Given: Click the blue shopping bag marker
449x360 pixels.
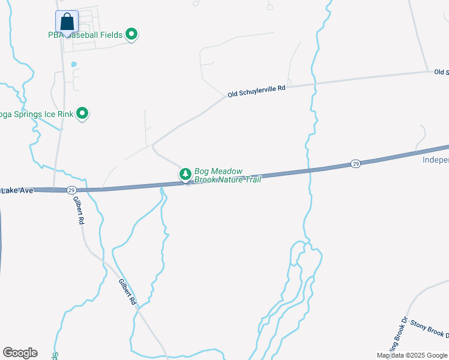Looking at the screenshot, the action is tap(67, 22).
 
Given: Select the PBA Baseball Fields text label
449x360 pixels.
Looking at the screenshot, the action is tap(85, 35).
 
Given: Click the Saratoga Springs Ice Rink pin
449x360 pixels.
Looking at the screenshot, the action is tap(83, 113).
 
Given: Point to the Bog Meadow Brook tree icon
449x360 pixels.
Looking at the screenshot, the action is tap(185, 174).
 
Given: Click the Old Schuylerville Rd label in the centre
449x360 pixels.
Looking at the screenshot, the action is tap(256, 91).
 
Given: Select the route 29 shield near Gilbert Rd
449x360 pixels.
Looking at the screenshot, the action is tap(71, 190).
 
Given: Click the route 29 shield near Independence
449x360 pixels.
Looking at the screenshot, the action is tap(355, 163).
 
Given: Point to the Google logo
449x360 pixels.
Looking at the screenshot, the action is tap(20, 353).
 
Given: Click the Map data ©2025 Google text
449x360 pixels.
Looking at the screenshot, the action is tap(412, 355).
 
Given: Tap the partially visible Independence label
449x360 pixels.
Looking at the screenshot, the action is tap(435, 160).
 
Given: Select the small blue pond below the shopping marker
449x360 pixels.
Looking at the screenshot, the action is tap(74, 64).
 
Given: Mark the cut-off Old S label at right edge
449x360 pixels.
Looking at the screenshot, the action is tap(441, 72).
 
